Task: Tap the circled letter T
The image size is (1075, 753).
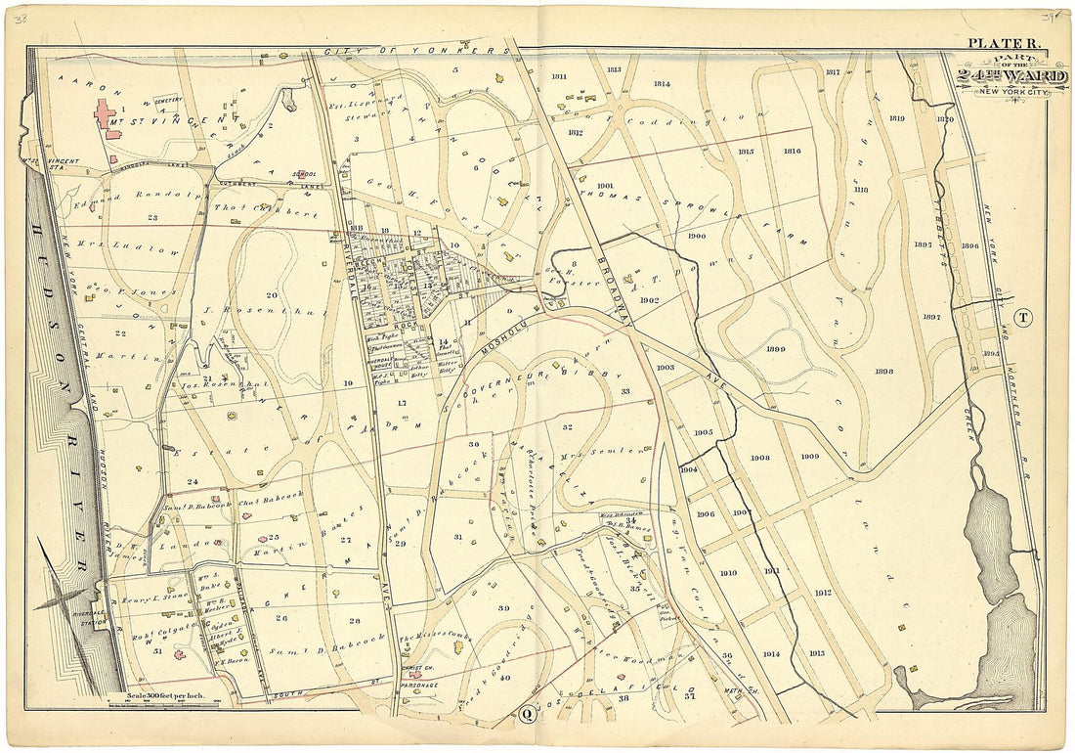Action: coord(1022,316)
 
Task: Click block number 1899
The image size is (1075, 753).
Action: coord(776,349)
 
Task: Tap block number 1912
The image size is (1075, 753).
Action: coord(822,593)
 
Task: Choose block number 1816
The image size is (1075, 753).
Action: coord(792,151)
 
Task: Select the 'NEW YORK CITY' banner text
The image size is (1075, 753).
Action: coord(1016,91)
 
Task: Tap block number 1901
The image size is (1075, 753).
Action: coord(604,185)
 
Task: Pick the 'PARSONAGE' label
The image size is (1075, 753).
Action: coord(408,686)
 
